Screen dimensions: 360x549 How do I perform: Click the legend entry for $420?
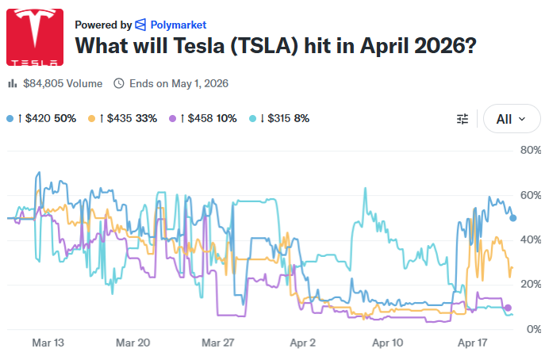pyautogui.click(x=44, y=118)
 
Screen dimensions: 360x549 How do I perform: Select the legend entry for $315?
pyautogui.click(x=284, y=118)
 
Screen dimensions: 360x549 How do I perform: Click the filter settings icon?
pyautogui.click(x=463, y=119)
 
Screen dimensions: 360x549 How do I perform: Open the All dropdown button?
pyautogui.click(x=511, y=119)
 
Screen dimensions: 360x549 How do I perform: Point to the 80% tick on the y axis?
pyautogui.click(x=529, y=150)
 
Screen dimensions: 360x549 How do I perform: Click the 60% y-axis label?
pyautogui.click(x=529, y=195)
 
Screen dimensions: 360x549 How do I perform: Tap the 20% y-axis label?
pyautogui.click(x=529, y=284)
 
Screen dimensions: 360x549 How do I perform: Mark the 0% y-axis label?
pyautogui.click(x=533, y=329)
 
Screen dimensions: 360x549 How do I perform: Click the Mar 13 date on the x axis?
pyautogui.click(x=48, y=343)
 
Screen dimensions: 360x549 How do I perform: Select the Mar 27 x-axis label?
pyautogui.click(x=218, y=343)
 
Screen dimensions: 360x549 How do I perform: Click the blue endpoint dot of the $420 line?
pyautogui.click(x=513, y=218)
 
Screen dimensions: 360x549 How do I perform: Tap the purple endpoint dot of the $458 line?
pyautogui.click(x=508, y=308)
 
